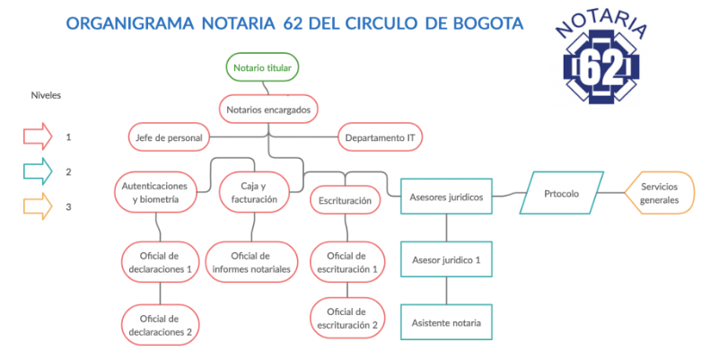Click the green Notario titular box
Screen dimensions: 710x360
pos(262,67)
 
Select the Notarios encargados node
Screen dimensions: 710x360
pos(268,110)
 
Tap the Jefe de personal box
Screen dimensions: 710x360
pos(169,137)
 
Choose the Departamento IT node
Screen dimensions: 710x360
pos(380,137)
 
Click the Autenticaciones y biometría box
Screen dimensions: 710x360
pos(155,192)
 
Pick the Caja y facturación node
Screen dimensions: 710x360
pos(254,192)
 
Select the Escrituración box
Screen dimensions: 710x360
pos(345,200)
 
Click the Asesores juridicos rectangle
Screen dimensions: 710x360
pos(446,197)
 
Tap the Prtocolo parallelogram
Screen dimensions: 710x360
pos(562,193)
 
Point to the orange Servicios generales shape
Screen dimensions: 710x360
pos(659,193)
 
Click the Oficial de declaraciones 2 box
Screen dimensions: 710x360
pos(160,325)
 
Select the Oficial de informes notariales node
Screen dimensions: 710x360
pos(251,262)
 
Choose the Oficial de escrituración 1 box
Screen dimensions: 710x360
pos(347,262)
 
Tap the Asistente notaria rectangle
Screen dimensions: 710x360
pos(446,322)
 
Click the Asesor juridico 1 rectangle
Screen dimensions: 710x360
pos(446,259)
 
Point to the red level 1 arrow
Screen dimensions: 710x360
pos(38,136)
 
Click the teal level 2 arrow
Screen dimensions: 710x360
pos(38,171)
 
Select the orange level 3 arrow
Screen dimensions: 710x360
pos(38,206)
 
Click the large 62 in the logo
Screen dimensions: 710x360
pos(601,66)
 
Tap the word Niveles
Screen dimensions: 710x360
pos(46,95)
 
